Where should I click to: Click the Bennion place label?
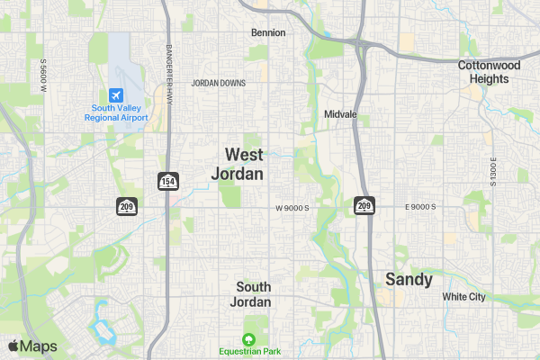coord(268,32)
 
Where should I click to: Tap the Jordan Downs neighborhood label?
coord(219,83)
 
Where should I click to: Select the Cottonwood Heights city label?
coord(489,72)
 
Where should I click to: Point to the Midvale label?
coord(340,115)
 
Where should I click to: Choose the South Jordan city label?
coord(253,293)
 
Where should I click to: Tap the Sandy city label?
coord(409,279)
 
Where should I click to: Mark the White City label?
coord(463,296)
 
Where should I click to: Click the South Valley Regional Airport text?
coord(116,112)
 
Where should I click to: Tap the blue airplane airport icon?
coord(116,94)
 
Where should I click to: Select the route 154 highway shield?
coord(167,181)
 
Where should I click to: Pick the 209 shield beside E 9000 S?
coord(364,206)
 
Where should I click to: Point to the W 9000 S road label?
coord(292,208)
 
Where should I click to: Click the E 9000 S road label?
coord(420,207)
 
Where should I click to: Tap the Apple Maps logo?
coord(33,346)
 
